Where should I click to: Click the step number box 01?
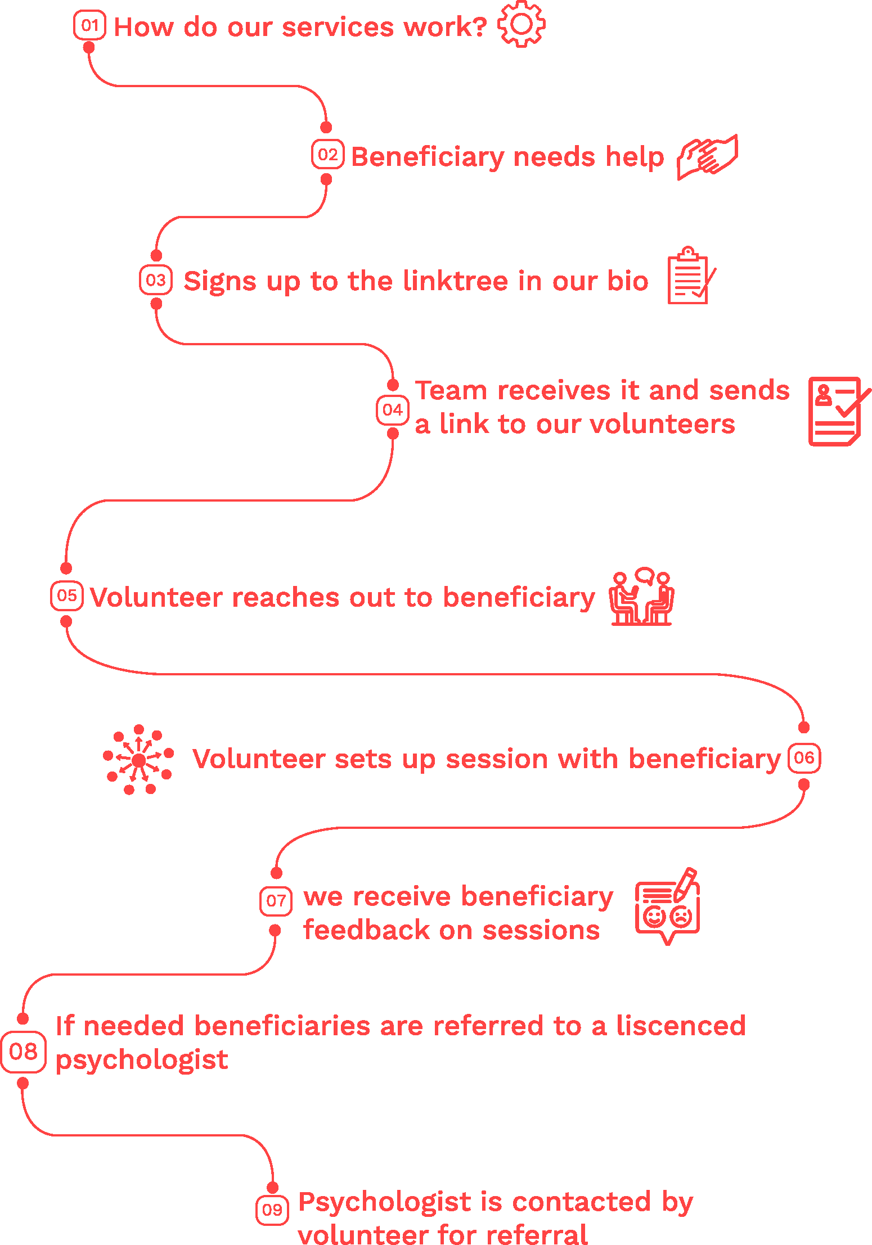click(89, 26)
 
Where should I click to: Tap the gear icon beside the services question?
click(522, 24)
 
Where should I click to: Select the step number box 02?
click(327, 155)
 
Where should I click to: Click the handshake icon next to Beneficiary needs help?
click(707, 157)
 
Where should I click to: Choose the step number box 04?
click(392, 410)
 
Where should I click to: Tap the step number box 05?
click(66, 596)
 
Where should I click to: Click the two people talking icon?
click(642, 597)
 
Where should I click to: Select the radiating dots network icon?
click(138, 760)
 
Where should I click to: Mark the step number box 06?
click(804, 758)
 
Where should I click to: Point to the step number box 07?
click(276, 901)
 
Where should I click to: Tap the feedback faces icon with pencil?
click(668, 906)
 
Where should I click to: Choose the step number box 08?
click(23, 1052)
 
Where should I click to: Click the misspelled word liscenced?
click(681, 1026)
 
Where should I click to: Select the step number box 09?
click(272, 1210)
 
